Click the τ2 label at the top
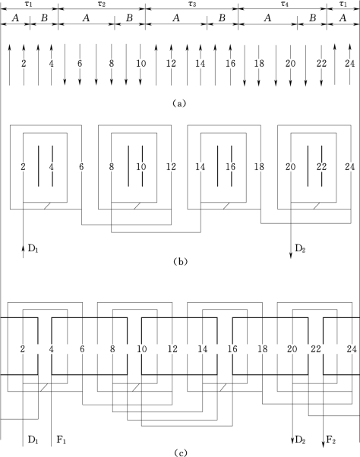(x=102, y=5)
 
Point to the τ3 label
(x=192, y=5)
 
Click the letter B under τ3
(x=222, y=18)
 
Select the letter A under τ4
(x=267, y=18)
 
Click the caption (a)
(x=179, y=103)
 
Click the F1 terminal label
(x=62, y=440)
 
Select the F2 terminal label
(x=330, y=440)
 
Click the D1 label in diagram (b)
(x=33, y=248)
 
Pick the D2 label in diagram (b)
(x=300, y=248)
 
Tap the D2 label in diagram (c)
(x=300, y=440)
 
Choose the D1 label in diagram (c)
(x=33, y=440)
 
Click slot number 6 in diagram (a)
(x=80, y=64)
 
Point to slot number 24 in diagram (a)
(x=349, y=64)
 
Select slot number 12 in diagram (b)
(x=171, y=167)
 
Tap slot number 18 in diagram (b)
(x=259, y=167)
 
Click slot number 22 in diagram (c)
(x=316, y=349)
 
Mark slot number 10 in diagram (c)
(x=142, y=349)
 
